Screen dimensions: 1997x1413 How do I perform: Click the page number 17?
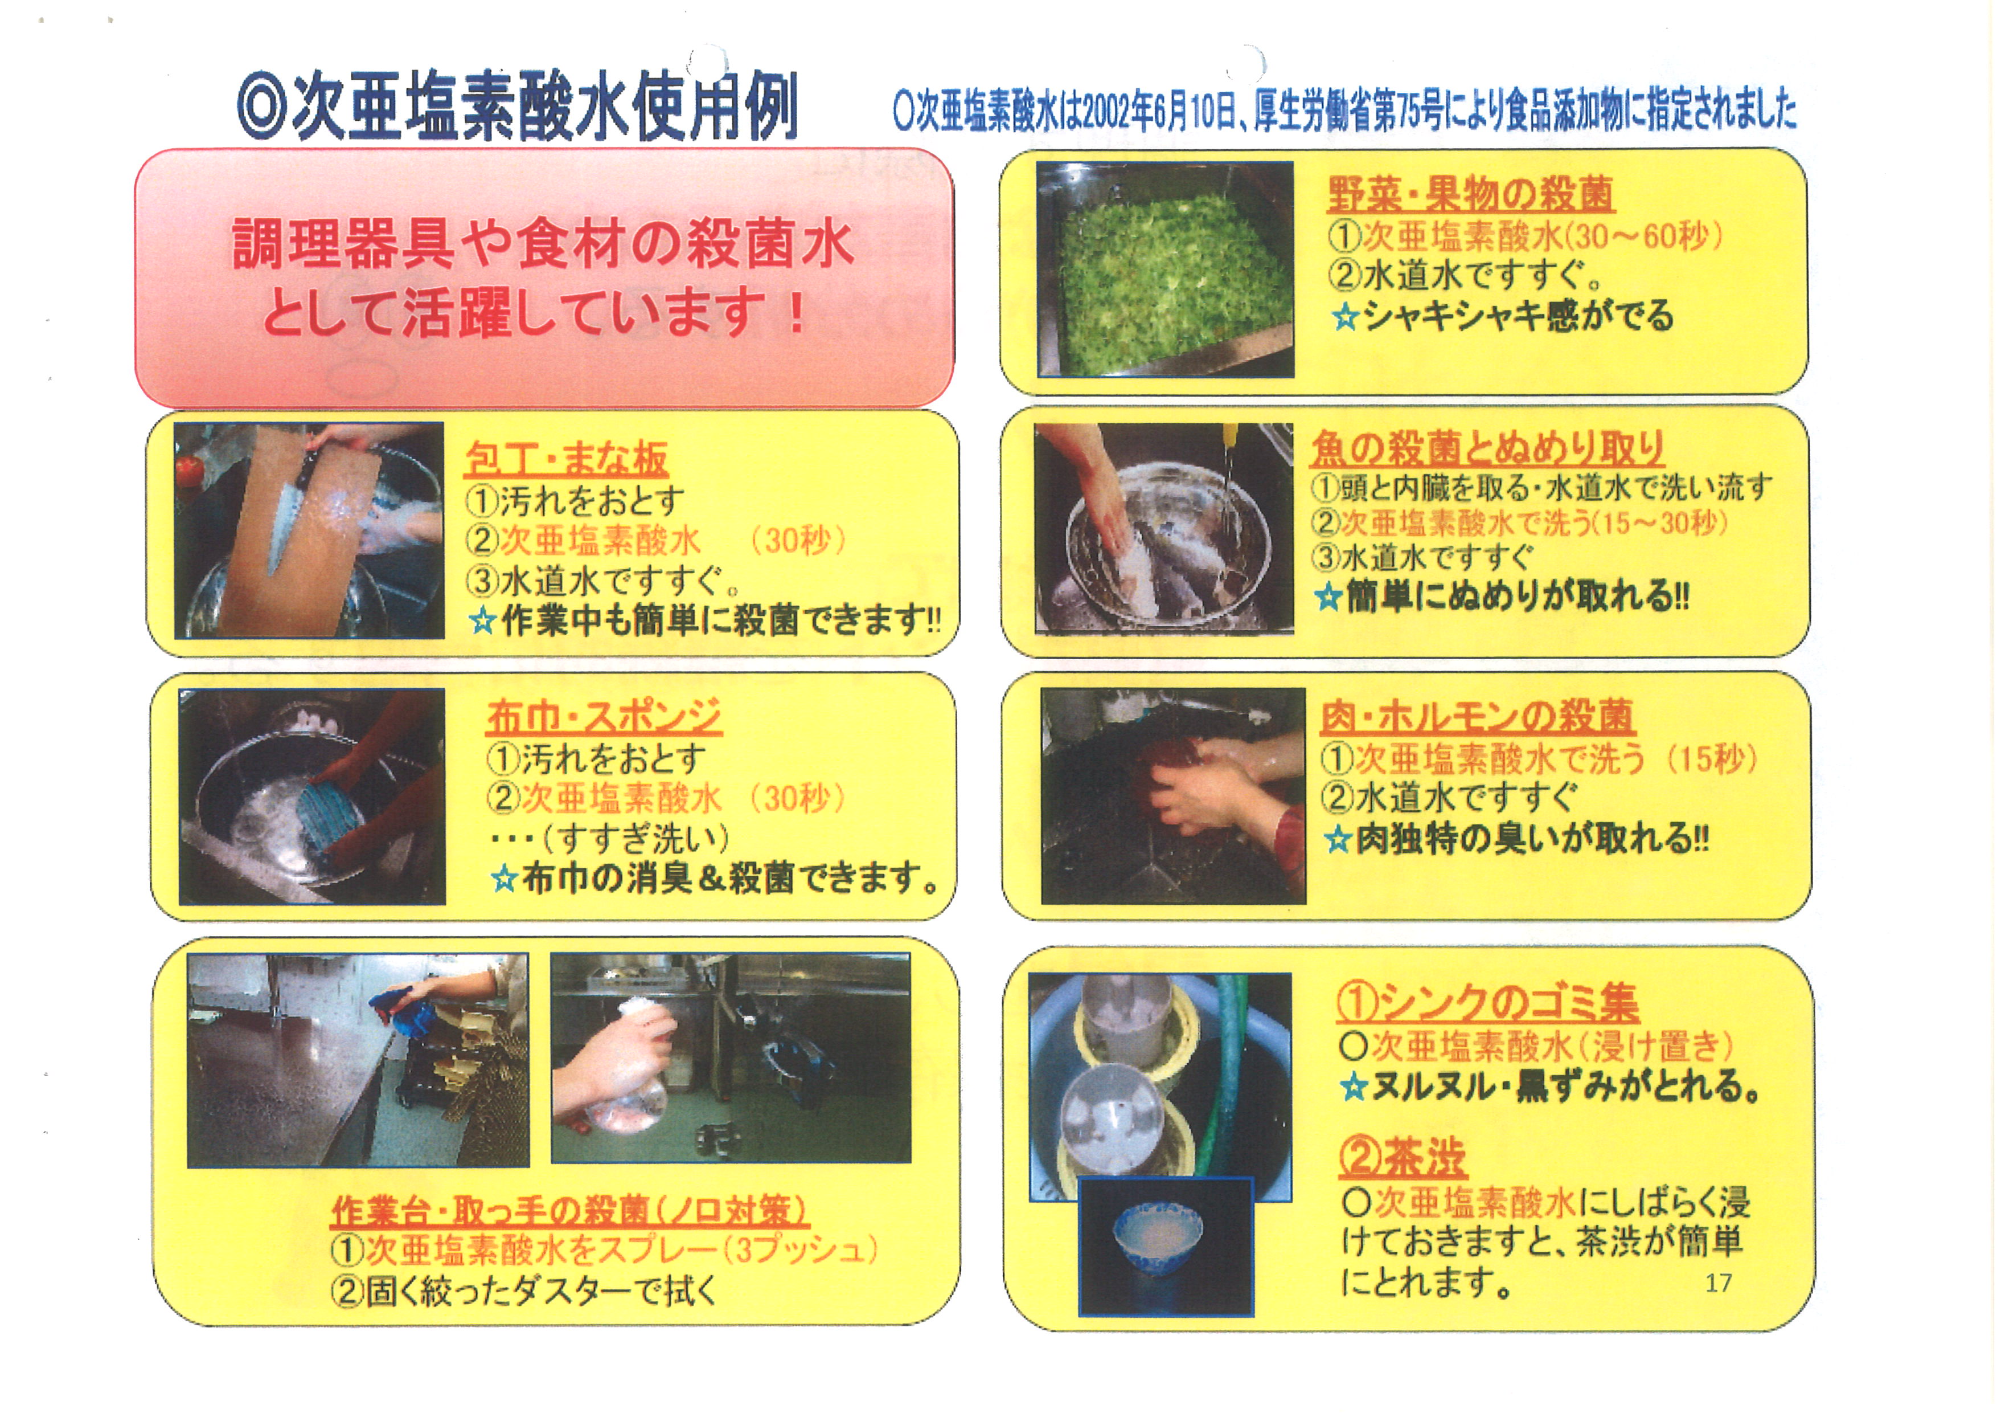(x=1719, y=1283)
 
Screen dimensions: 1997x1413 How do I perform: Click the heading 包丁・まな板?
(x=566, y=459)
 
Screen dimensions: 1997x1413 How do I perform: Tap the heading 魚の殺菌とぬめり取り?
(x=1487, y=448)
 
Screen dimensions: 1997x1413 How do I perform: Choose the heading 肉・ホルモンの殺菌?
(x=1477, y=716)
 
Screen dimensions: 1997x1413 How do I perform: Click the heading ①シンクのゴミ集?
(x=1487, y=1002)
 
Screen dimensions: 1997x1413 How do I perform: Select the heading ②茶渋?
(x=1402, y=1157)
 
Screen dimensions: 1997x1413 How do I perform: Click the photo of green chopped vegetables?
(x=1164, y=269)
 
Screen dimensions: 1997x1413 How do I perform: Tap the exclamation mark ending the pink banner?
(x=795, y=313)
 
